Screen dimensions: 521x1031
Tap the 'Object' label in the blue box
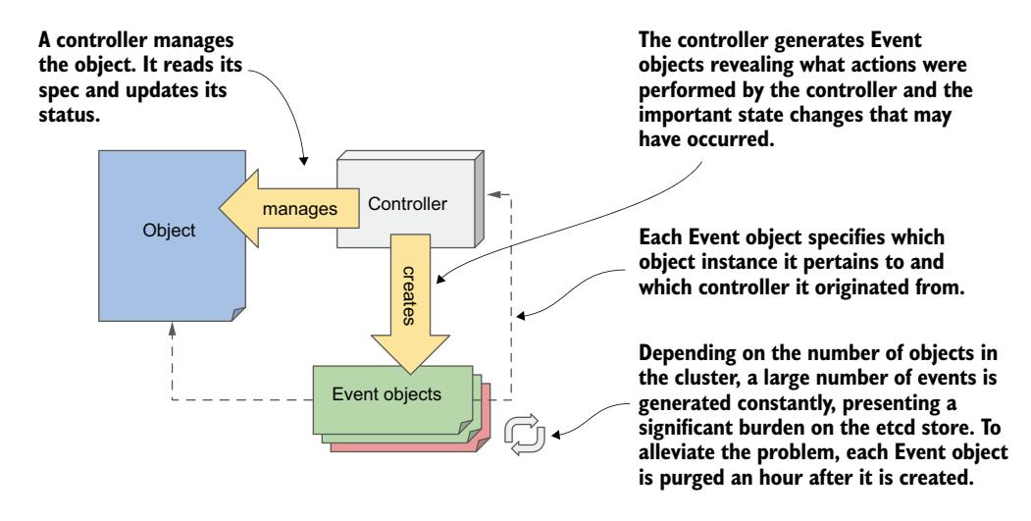tap(168, 233)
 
